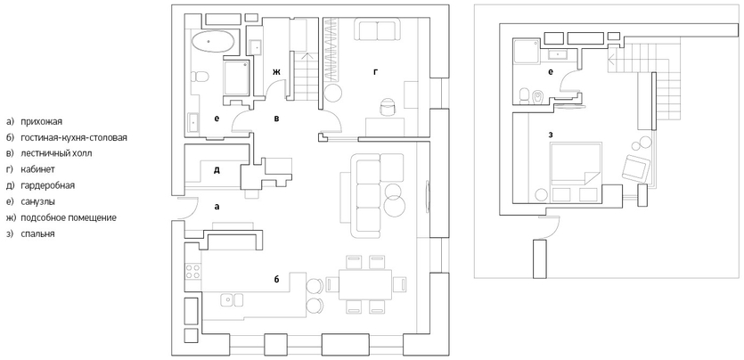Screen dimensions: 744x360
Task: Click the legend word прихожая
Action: coord(42,122)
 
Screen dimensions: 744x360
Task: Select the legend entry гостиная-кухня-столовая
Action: coord(74,138)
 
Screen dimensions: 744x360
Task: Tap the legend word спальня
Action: coord(37,233)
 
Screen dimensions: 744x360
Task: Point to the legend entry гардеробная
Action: coord(48,186)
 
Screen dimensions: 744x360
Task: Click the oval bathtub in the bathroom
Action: coord(213,43)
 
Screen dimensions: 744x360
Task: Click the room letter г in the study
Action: coord(376,72)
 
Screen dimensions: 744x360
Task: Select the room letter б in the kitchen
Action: coord(276,280)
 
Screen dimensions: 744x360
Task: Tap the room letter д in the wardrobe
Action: coord(217,170)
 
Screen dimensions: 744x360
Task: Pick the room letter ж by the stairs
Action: coord(277,72)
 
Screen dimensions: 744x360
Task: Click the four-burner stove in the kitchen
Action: coord(193,271)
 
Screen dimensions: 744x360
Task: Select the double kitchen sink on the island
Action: coord(232,299)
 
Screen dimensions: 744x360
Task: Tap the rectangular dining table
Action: coord(365,284)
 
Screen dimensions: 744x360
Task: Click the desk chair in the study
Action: coord(388,107)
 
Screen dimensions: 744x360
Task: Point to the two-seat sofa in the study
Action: coord(377,30)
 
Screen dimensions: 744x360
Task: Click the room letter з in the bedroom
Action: coord(551,135)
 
